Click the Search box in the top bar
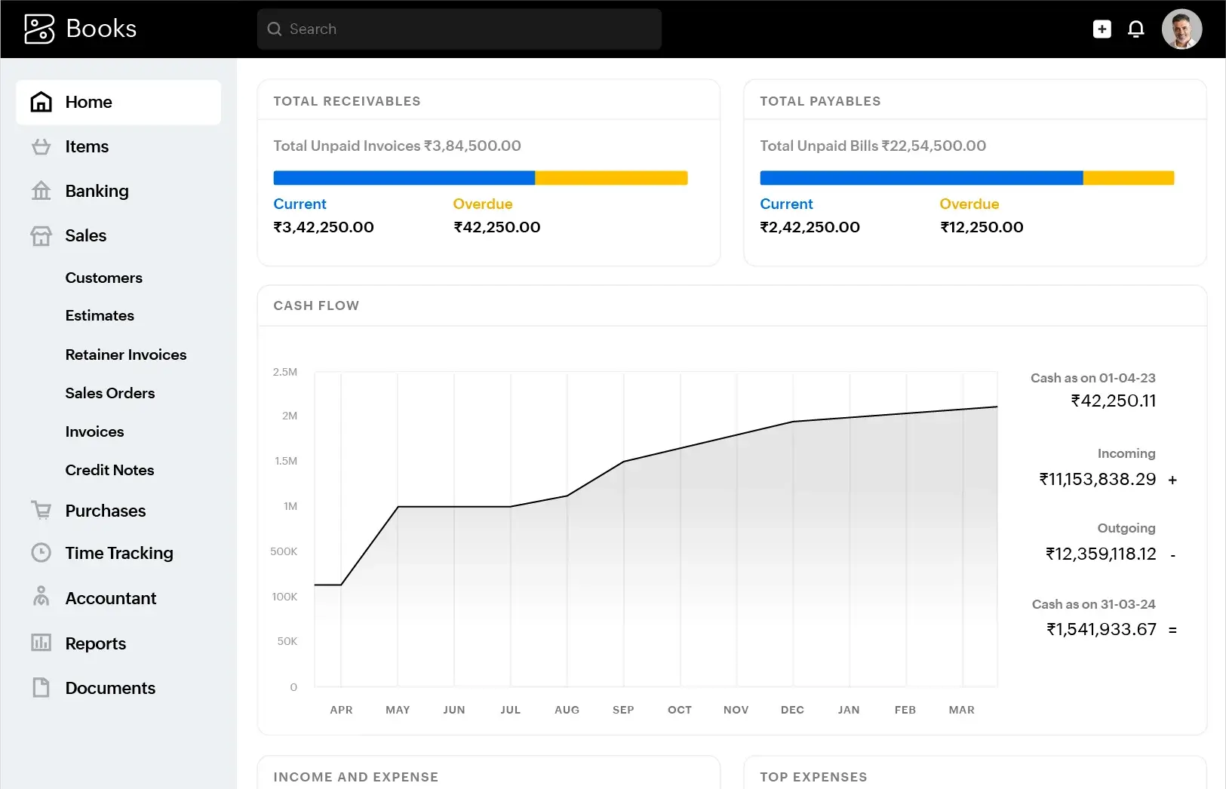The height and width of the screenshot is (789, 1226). click(x=459, y=29)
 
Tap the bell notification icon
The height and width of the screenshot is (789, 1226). click(x=1135, y=29)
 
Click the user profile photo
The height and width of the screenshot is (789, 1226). click(x=1181, y=29)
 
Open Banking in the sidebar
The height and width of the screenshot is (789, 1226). click(x=97, y=191)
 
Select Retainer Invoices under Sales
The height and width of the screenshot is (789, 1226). click(x=125, y=355)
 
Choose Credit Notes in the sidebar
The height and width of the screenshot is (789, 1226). click(x=109, y=470)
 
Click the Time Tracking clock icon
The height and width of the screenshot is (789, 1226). click(x=41, y=553)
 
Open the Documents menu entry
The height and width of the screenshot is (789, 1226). click(x=110, y=688)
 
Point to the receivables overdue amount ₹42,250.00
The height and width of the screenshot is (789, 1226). click(x=496, y=227)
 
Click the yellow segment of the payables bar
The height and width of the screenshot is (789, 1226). click(x=1128, y=178)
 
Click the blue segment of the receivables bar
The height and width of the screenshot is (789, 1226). click(x=404, y=178)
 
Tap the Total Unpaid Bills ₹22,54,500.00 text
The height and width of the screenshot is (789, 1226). click(x=872, y=146)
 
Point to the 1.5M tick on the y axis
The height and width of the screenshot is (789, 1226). click(x=286, y=461)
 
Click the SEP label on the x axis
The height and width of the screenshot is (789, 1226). click(x=623, y=710)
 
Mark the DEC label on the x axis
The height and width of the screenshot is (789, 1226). click(x=792, y=710)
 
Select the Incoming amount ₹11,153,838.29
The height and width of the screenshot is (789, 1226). click(x=1097, y=479)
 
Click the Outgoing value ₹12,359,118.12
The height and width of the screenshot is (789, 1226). click(x=1100, y=554)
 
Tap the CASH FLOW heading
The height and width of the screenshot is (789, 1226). click(x=316, y=305)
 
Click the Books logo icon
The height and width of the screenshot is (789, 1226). click(x=39, y=29)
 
